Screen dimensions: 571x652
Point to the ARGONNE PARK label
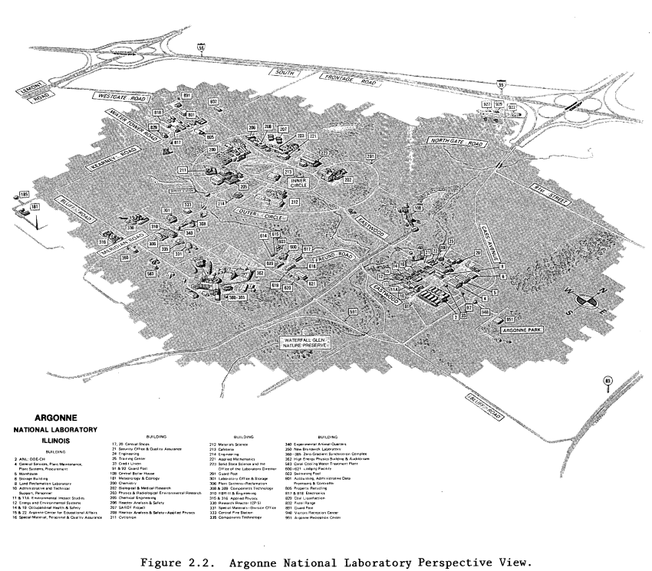click(x=522, y=329)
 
